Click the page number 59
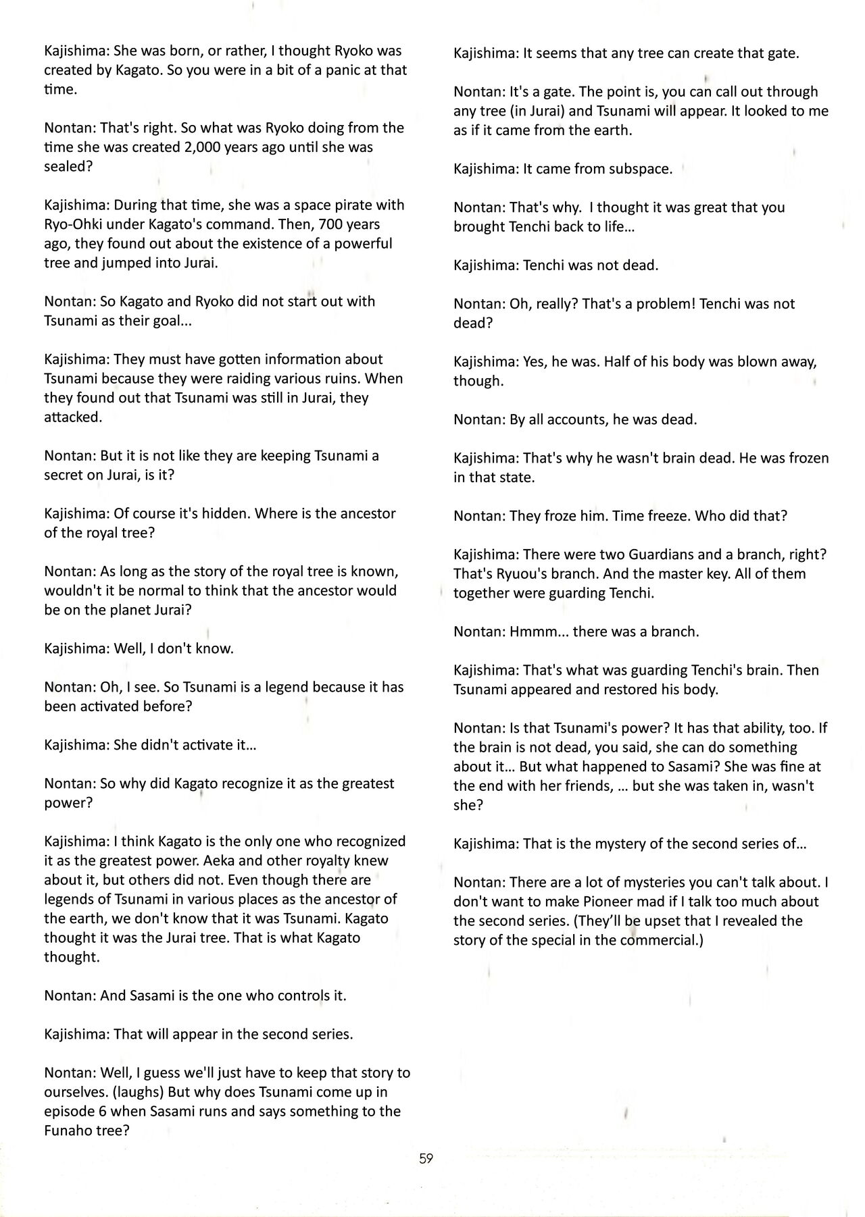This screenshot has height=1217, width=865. click(426, 1158)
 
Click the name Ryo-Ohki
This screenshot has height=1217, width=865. click(73, 224)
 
